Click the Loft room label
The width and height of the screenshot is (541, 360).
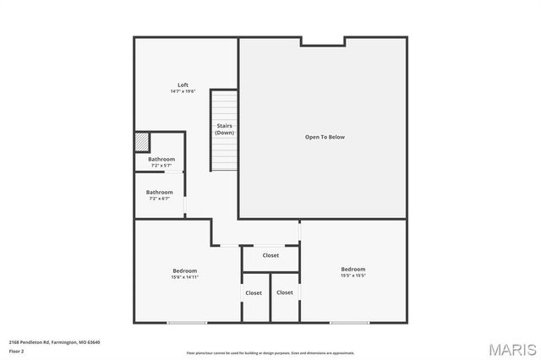(183, 85)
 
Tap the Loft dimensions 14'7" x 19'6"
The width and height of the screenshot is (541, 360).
(183, 91)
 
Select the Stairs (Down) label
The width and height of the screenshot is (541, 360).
(224, 129)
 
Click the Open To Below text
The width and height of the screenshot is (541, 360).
(325, 137)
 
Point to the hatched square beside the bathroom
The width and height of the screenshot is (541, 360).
(142, 141)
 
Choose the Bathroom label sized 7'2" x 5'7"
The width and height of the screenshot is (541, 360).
(161, 159)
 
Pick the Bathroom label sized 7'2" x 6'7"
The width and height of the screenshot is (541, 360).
(161, 192)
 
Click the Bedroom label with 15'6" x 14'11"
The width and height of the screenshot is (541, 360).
(184, 270)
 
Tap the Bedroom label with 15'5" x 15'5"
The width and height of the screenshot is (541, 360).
(353, 269)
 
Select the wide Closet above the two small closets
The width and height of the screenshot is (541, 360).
(270, 254)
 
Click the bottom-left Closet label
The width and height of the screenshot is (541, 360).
(254, 292)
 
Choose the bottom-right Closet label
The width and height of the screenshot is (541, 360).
(285, 292)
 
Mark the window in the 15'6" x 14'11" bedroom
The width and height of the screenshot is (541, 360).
(187, 322)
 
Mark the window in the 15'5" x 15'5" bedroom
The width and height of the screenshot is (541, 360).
(349, 322)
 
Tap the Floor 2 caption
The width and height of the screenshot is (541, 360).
(17, 351)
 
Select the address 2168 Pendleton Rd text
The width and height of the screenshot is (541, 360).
(55, 342)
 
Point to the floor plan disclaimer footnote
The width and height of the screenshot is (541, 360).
(270, 353)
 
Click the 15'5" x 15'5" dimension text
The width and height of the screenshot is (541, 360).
(353, 275)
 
